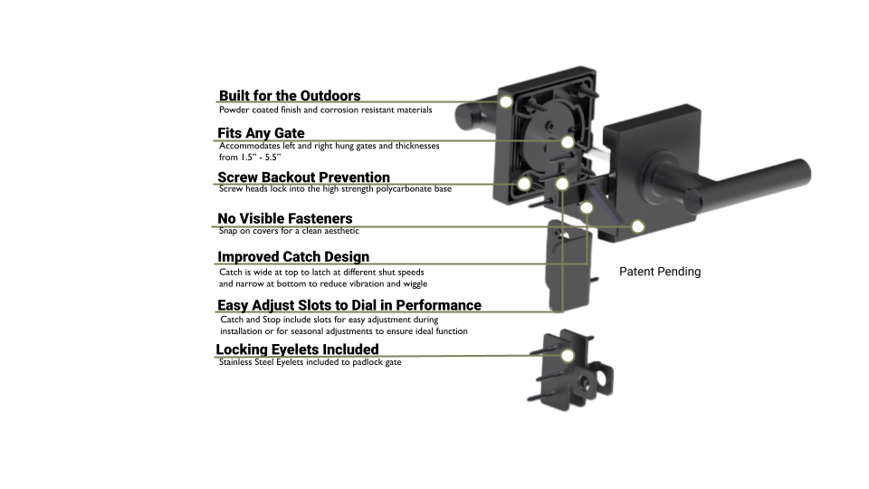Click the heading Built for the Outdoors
point(290,96)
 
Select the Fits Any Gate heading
point(261,133)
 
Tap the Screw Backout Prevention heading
point(304,177)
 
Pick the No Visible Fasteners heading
point(285,218)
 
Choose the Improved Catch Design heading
point(293,256)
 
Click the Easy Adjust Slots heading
point(349,305)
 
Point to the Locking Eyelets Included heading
point(297,350)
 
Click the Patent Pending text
point(660,272)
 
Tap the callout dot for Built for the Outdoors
point(505,101)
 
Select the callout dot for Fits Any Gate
point(568,142)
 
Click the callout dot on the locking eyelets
point(568,355)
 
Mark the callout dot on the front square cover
point(638,226)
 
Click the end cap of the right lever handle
point(692,199)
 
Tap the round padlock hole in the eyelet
point(583,382)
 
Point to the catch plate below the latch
point(569,265)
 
